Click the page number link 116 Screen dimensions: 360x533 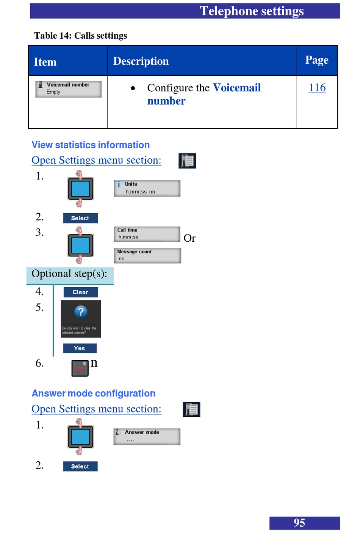[317, 88]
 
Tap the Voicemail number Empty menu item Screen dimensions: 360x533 [69, 89]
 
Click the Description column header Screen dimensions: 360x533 [141, 61]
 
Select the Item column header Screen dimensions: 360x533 [45, 62]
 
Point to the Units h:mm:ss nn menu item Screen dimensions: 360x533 [147, 188]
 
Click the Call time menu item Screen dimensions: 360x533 [147, 234]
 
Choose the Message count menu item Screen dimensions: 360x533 [147, 255]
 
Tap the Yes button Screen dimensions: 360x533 [80, 348]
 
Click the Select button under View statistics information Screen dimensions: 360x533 [80, 218]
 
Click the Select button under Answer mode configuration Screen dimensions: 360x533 [80, 466]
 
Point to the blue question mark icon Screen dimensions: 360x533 [81, 312]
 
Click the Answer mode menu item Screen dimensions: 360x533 [147, 436]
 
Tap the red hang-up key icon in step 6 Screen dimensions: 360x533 [80, 368]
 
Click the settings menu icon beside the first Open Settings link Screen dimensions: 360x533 [187, 161]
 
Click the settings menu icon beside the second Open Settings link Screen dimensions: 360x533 [191, 410]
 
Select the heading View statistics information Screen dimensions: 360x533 [91, 145]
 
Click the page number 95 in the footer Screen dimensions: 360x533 [299, 523]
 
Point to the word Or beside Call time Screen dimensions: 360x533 [189, 238]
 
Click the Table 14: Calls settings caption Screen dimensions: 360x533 [81, 36]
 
